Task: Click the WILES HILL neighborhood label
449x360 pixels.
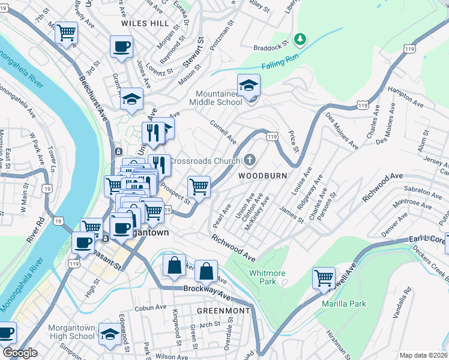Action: coord(145,23)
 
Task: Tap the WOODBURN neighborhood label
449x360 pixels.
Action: coord(262,176)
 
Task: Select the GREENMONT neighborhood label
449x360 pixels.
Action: coord(223,311)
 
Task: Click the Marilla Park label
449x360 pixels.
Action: coord(343,304)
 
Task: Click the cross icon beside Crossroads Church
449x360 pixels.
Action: coord(250,160)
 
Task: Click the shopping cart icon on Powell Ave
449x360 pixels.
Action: coord(324,278)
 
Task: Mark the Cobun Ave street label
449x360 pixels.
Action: coord(151,307)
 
